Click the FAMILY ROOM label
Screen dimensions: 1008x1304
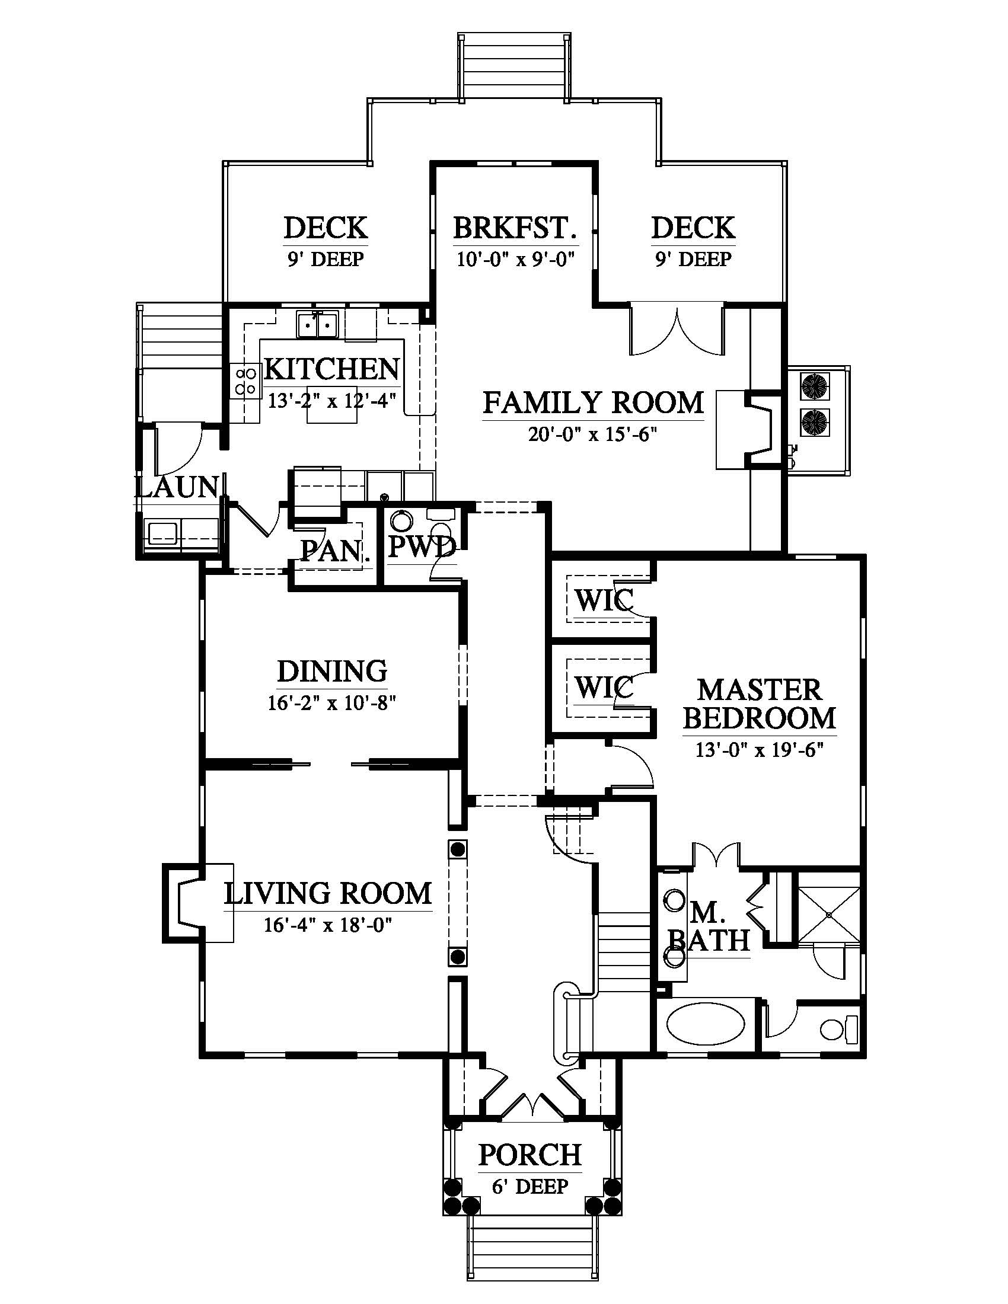coord(593,402)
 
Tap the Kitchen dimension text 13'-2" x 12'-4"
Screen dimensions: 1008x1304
coord(332,400)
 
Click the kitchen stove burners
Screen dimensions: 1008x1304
coord(245,382)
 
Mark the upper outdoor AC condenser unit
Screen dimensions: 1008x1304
coord(812,386)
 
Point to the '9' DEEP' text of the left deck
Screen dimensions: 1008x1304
coord(326,259)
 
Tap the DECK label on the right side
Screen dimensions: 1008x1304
coord(693,228)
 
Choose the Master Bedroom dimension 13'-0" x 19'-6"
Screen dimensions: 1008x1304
coord(760,749)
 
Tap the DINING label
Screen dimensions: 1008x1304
coord(332,671)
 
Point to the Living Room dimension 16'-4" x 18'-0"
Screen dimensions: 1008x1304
coord(328,925)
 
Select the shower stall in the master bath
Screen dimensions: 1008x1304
coord(829,914)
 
